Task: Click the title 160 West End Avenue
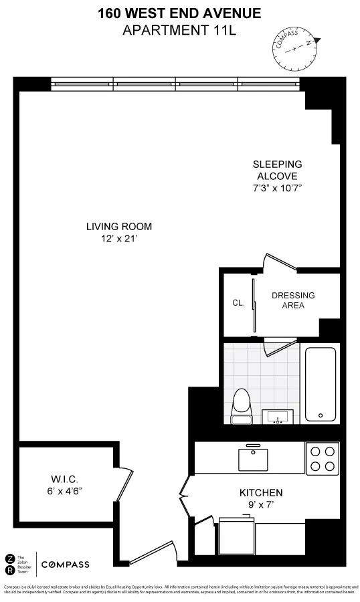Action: click(x=179, y=13)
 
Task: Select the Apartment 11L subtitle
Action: click(x=179, y=29)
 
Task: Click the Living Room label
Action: click(x=119, y=226)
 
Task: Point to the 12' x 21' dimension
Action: click(x=119, y=238)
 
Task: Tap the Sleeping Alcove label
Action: click(x=277, y=170)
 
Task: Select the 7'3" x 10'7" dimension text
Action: click(x=277, y=188)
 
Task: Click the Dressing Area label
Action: click(x=293, y=300)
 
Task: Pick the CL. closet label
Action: click(x=238, y=303)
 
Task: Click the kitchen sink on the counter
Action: click(x=253, y=460)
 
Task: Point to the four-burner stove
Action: click(x=322, y=458)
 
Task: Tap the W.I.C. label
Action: click(x=65, y=479)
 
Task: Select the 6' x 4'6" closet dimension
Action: click(x=65, y=491)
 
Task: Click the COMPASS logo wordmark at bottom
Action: click(x=65, y=565)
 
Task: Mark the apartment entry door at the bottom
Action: click(x=153, y=554)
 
